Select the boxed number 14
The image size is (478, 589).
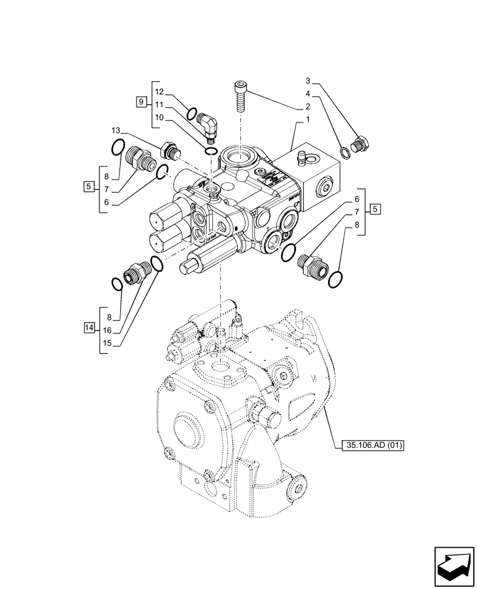(89, 327)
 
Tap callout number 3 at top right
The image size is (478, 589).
(307, 80)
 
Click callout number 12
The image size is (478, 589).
(160, 91)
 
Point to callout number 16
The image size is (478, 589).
(108, 330)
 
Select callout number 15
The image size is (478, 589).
(108, 343)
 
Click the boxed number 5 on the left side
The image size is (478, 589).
(88, 187)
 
